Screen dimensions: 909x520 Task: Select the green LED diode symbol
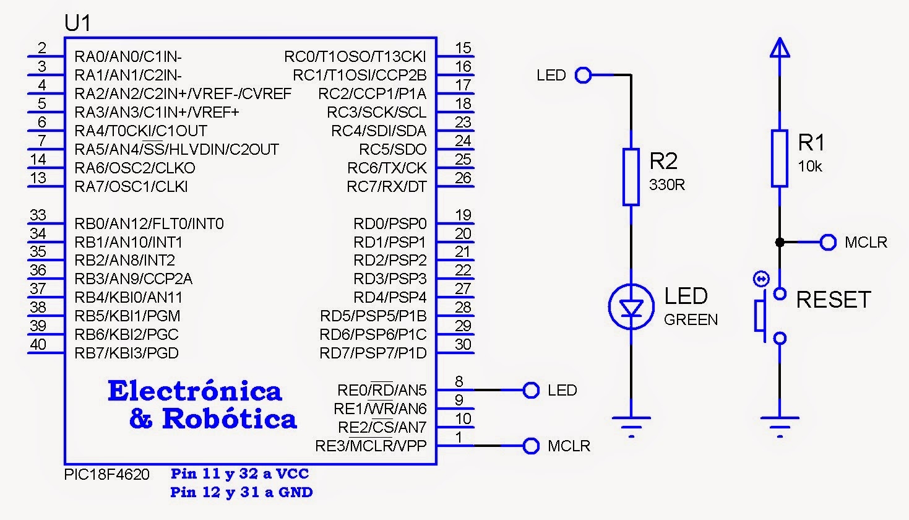(631, 306)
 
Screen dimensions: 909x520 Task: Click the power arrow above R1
(780, 47)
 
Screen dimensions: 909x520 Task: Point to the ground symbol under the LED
(631, 427)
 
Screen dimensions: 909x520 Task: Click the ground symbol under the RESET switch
(780, 427)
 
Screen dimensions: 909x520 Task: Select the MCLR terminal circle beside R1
(828, 242)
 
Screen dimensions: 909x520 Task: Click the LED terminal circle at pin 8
(531, 390)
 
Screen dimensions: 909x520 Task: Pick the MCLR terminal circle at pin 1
(531, 446)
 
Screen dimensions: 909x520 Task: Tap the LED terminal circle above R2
(583, 75)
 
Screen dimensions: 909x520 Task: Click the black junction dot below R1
(780, 242)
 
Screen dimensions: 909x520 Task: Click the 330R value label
(666, 184)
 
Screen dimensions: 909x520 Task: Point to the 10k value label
(809, 166)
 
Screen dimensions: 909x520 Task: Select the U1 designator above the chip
(77, 23)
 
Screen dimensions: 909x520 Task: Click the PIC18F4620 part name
(106, 474)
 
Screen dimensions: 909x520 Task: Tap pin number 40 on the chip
(38, 344)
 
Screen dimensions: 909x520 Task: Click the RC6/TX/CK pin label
(387, 168)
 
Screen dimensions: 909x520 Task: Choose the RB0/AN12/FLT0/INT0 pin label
(149, 223)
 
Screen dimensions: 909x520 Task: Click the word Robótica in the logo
(230, 418)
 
